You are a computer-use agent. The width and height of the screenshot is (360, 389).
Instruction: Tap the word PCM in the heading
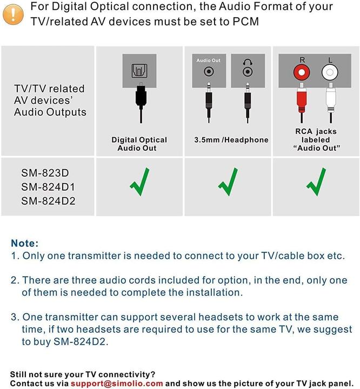point(244,22)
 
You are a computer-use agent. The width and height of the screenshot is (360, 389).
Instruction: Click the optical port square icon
point(139,71)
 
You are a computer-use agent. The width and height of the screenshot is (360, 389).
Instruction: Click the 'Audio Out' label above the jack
point(208,61)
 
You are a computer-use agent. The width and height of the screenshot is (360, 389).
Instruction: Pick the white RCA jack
point(329,72)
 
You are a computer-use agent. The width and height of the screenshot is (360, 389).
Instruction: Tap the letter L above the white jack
point(329,59)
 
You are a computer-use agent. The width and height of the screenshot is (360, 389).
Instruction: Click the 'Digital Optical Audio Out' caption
point(139,144)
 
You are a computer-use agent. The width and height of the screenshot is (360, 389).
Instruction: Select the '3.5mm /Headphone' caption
point(231,140)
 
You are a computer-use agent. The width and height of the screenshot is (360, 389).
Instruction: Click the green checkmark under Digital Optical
point(140,182)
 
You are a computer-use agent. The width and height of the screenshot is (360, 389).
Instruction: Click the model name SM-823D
point(46,173)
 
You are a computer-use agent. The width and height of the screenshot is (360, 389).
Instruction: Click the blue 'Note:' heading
point(25,244)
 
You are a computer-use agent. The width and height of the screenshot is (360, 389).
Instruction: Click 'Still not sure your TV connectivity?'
point(83,374)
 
